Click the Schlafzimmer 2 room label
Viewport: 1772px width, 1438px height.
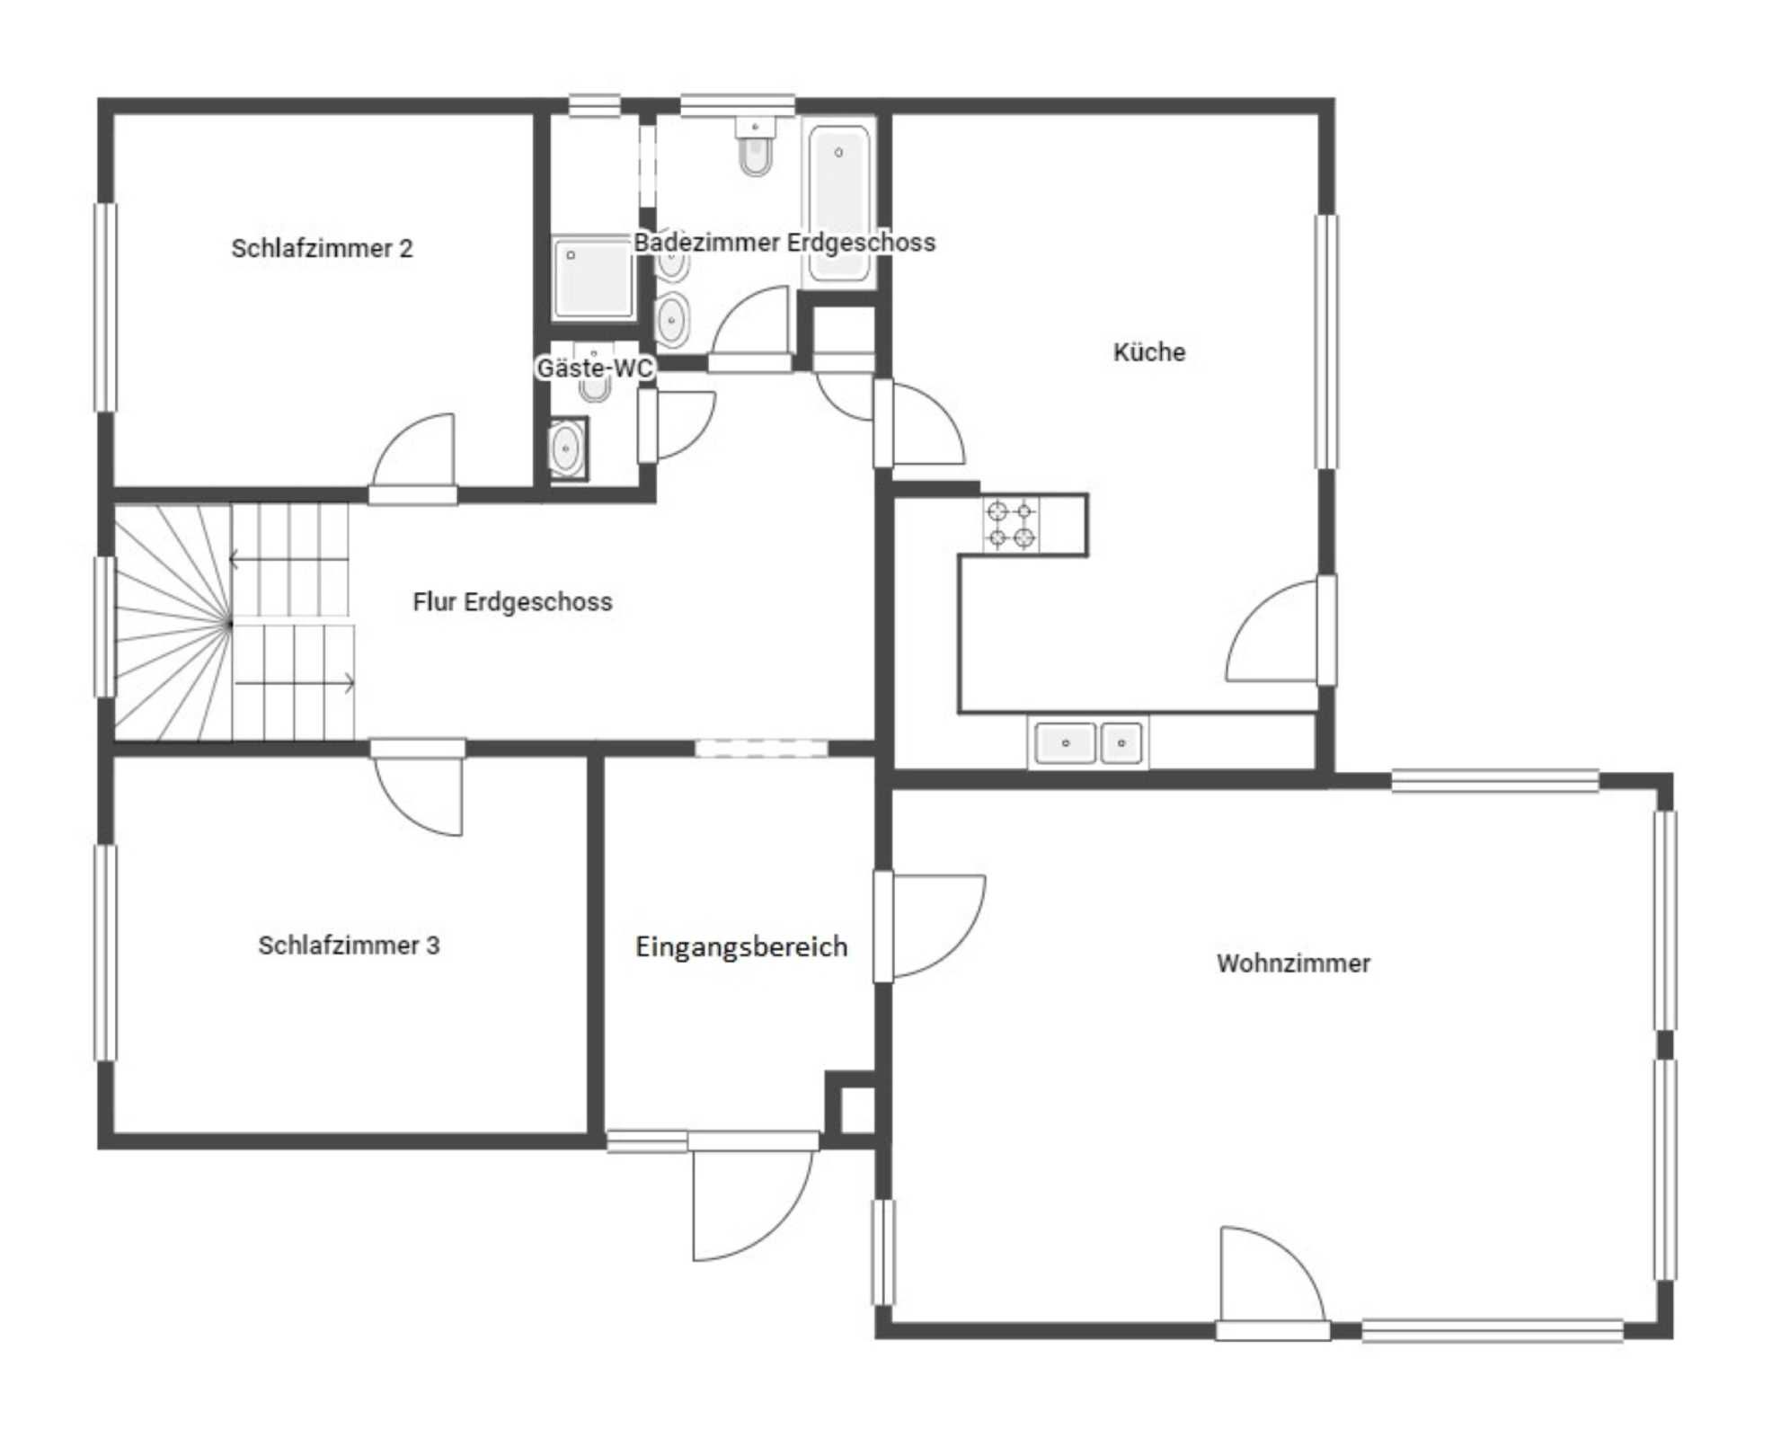pyautogui.click(x=322, y=248)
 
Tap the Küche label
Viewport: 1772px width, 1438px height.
pyautogui.click(x=1149, y=351)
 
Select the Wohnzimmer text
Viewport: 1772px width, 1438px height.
pyautogui.click(x=1293, y=963)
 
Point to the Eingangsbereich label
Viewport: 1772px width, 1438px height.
pyautogui.click(x=741, y=946)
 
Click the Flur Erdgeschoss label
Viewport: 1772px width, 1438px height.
pyautogui.click(x=512, y=601)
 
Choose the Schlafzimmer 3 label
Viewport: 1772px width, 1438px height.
pyautogui.click(x=349, y=945)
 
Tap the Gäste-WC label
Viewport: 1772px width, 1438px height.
pyautogui.click(x=594, y=368)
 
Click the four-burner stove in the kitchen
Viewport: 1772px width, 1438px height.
pyautogui.click(x=1011, y=524)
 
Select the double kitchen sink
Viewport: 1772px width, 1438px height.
pyautogui.click(x=1088, y=742)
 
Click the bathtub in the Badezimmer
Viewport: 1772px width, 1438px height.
pyautogui.click(x=839, y=203)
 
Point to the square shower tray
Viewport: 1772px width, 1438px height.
pyautogui.click(x=592, y=278)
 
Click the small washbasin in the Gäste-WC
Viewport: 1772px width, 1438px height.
pyautogui.click(x=567, y=448)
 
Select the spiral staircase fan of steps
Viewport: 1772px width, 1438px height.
pyautogui.click(x=173, y=623)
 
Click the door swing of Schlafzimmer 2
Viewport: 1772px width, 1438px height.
pyautogui.click(x=413, y=450)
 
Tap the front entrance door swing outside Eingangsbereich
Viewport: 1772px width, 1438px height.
pyautogui.click(x=753, y=1205)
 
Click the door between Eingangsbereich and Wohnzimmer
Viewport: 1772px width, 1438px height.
pyautogui.click(x=930, y=926)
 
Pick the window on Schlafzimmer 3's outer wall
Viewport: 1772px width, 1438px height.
pyautogui.click(x=105, y=953)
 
